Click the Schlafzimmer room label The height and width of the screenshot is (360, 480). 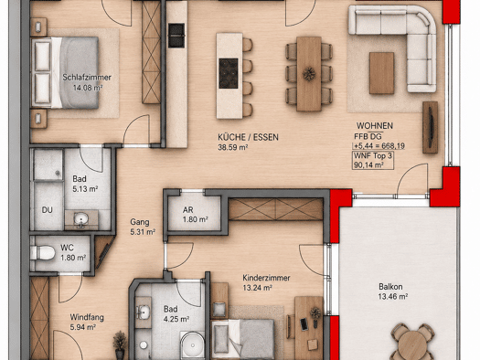pos(87,78)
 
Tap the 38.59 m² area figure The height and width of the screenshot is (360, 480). pos(232,147)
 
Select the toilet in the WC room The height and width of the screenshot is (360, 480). pos(43,253)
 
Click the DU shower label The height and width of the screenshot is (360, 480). pos(48,210)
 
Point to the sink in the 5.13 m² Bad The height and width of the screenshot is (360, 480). pos(81,219)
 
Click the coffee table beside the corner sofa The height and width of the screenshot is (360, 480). pos(381,73)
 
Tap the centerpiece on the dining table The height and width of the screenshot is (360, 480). pos(309,74)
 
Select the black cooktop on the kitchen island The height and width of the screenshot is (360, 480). pos(229,73)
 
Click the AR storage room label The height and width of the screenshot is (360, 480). pos(187,210)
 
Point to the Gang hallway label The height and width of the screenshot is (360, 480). pos(140,222)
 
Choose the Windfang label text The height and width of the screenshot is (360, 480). pos(87,317)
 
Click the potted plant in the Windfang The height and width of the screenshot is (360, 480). pos(120,344)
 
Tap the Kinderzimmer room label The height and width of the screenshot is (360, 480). pos(266,278)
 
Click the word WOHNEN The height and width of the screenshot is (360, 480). pos(375,126)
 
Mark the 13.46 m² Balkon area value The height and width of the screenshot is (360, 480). pos(393,296)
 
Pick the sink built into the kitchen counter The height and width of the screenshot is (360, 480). pos(176,36)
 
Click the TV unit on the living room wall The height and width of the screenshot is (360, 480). pos(430,127)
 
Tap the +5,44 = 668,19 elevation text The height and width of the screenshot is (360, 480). pos(379,146)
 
